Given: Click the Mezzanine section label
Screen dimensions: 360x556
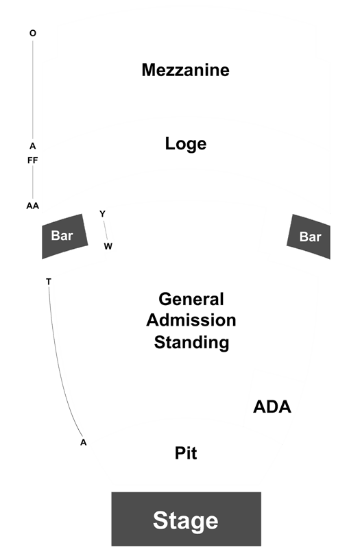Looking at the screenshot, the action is pos(186,70).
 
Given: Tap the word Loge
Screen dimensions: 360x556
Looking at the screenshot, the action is pos(186,143).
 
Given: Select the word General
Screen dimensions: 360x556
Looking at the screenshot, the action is pos(191,299).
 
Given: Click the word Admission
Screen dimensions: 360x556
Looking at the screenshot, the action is pos(191,320).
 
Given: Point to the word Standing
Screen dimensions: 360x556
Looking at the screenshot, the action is pos(191,343).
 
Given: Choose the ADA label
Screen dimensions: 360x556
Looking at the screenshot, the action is pos(272,407).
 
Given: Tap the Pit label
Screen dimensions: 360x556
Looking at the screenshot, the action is pos(186,452).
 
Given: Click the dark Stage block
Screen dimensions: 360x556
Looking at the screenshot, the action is pos(187,519).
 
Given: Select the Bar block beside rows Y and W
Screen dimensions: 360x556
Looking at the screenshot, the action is pos(64,236).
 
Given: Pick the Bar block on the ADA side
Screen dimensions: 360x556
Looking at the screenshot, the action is pos(309,237).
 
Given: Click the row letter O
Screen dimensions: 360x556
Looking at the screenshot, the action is pos(33,34).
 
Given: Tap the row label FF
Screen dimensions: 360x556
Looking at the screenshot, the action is pos(33,160).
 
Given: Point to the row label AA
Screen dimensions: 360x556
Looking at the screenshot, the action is pos(33,206).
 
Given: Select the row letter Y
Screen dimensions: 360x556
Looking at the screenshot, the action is pos(102,214).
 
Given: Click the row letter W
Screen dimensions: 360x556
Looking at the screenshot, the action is pos(108,246).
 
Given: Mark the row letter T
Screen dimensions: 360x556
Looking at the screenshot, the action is pos(49,282).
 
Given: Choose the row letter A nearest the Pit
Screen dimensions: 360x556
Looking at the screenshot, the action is pos(84,442).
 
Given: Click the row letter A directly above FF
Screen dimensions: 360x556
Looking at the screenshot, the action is pos(33,146).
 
